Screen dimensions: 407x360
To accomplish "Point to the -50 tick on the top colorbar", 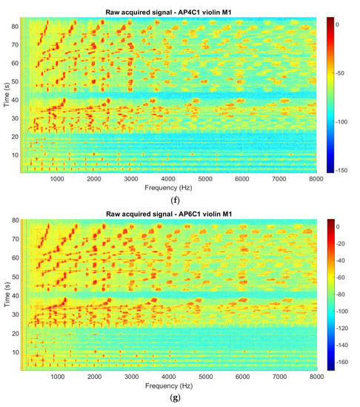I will click(x=338, y=73).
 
